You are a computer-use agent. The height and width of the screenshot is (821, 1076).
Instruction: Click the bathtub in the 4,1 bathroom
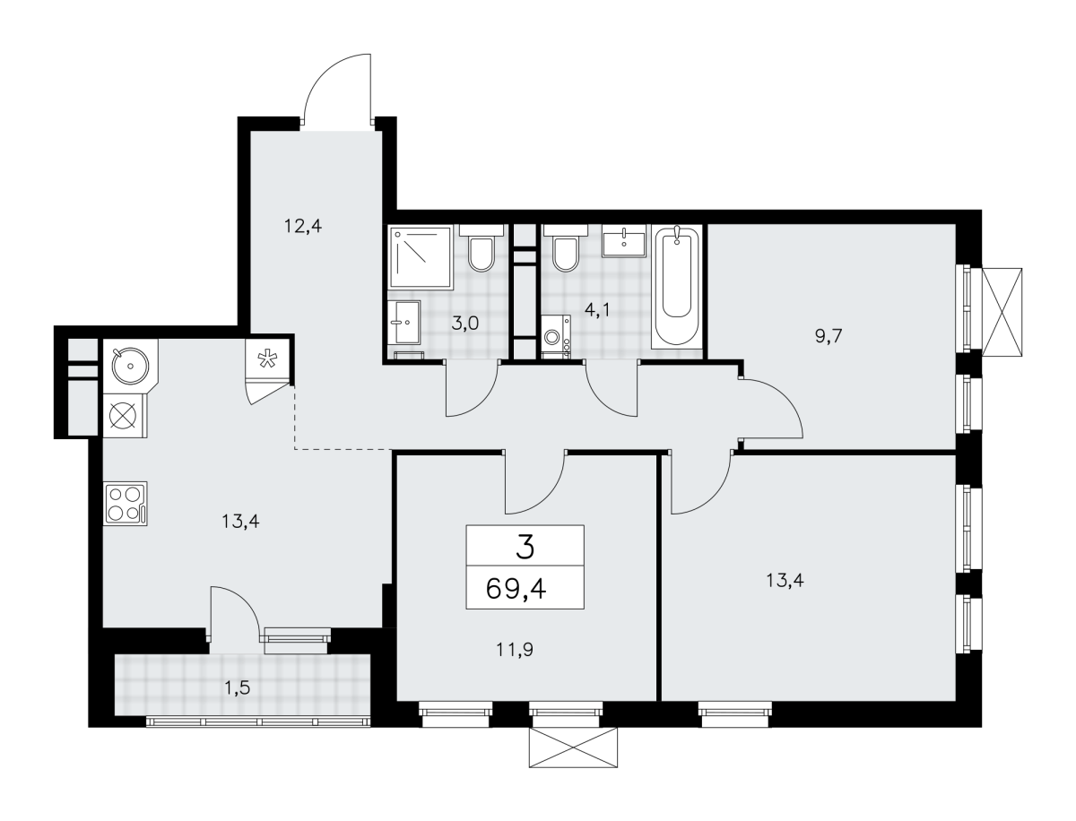676,287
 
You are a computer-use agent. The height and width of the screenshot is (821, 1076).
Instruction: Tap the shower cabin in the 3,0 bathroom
421,257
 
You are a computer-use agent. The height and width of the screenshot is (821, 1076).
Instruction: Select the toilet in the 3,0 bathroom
482,248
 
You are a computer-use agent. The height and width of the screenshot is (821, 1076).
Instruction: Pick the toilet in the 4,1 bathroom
565,248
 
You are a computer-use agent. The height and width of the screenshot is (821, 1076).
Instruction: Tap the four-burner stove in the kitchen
126,504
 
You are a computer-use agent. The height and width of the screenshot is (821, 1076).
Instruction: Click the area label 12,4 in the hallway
303,227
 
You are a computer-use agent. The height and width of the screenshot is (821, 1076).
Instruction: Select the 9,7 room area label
829,336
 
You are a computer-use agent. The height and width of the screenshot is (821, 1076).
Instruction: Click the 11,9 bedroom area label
515,650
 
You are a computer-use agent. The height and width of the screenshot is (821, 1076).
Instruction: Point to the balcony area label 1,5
238,688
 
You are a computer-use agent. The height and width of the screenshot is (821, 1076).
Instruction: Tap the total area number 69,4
516,588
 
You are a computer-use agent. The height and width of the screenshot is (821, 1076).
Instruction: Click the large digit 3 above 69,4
525,547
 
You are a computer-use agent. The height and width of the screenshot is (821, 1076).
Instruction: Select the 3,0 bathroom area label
464,324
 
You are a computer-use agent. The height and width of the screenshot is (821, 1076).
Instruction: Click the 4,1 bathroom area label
597,311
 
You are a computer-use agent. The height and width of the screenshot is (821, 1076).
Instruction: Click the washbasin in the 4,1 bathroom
623,241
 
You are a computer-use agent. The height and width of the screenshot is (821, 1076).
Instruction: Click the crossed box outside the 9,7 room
1002,312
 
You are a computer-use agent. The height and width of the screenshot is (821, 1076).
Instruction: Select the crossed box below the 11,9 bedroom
573,748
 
